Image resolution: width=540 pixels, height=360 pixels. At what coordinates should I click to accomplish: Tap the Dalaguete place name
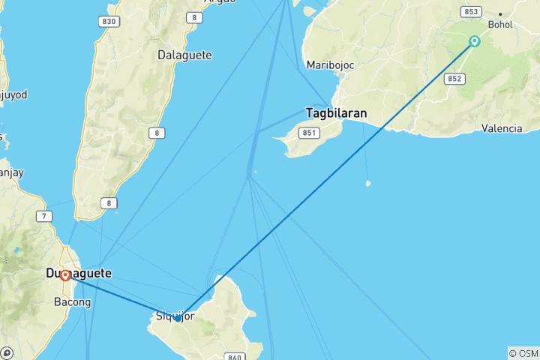pos(184,55)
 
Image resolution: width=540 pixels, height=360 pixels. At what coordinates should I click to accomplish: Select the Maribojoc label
pos(330,65)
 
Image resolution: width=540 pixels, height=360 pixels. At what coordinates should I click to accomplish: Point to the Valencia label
pos(502,128)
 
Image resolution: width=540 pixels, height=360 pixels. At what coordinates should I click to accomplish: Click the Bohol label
pos(500,24)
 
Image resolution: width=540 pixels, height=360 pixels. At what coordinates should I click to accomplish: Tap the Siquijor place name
pos(175,316)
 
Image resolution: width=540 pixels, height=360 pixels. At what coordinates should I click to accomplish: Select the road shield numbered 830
pos(109,21)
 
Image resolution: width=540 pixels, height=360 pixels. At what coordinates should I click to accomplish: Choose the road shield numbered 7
pos(46,217)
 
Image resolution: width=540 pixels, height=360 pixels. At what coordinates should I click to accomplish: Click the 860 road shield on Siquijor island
pos(235,357)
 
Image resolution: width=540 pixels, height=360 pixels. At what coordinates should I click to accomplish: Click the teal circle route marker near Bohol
pos(475,42)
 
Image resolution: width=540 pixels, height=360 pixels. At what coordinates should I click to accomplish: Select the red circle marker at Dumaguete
pos(65,275)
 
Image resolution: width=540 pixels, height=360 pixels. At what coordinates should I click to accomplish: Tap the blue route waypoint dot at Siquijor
pos(178,318)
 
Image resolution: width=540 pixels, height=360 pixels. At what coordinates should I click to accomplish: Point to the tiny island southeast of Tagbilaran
pos(367,183)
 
